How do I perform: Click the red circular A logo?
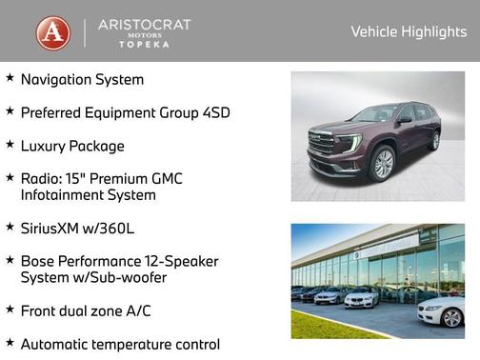click(52, 32)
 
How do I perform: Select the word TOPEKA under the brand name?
click(145, 45)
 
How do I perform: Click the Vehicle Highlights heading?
click(409, 31)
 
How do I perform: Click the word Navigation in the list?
click(59, 80)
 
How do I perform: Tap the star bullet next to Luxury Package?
click(9, 145)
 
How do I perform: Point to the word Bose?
click(39, 260)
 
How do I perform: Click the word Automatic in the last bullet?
click(63, 344)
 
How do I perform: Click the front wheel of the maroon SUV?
click(384, 164)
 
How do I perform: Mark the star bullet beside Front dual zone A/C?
click(9, 310)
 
